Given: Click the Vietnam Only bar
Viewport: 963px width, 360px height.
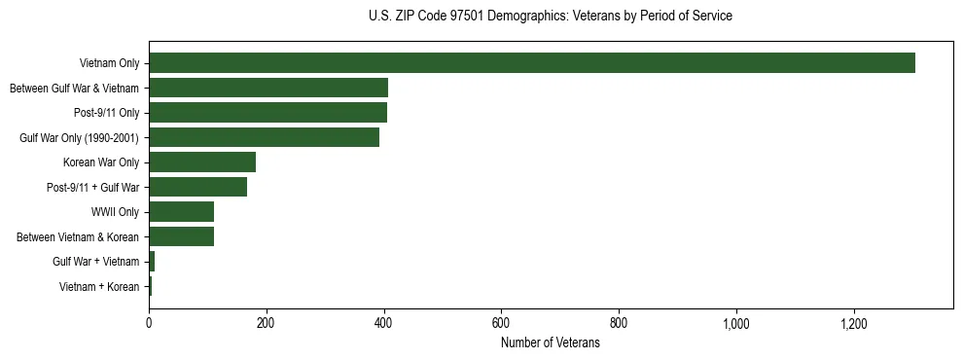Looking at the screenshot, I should point(532,63).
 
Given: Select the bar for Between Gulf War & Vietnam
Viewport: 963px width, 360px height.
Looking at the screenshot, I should point(268,88).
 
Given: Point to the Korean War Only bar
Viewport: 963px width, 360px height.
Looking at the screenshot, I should point(202,162).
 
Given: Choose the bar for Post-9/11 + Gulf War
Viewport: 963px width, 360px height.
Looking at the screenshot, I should point(197,187).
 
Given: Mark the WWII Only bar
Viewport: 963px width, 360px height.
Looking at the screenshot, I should point(181,211).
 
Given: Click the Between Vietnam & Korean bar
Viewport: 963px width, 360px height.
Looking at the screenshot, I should point(181,236).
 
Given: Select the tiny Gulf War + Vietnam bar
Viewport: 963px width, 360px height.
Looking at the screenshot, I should point(152,261).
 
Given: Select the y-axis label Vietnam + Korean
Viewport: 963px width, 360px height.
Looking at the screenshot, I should point(99,286).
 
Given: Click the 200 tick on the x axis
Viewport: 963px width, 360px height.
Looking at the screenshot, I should point(267,322).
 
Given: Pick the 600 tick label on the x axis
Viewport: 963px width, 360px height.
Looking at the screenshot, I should point(501,322).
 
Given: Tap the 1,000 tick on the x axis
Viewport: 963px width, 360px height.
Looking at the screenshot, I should point(736,322).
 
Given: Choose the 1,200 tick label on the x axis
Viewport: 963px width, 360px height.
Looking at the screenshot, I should point(854,322).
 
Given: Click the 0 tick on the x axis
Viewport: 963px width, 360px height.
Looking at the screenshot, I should point(149,322).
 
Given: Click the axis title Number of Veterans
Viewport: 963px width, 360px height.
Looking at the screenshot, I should point(551,342).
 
